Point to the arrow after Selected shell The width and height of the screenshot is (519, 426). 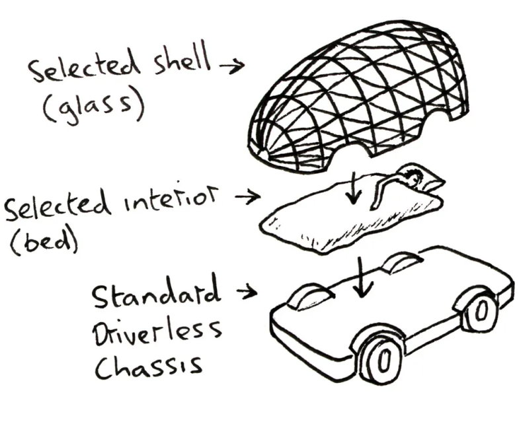[231, 65]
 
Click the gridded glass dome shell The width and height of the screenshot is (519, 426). [360, 99]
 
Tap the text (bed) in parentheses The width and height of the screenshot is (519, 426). [43, 240]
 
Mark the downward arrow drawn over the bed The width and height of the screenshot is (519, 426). [356, 187]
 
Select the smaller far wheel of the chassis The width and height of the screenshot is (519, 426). [480, 311]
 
